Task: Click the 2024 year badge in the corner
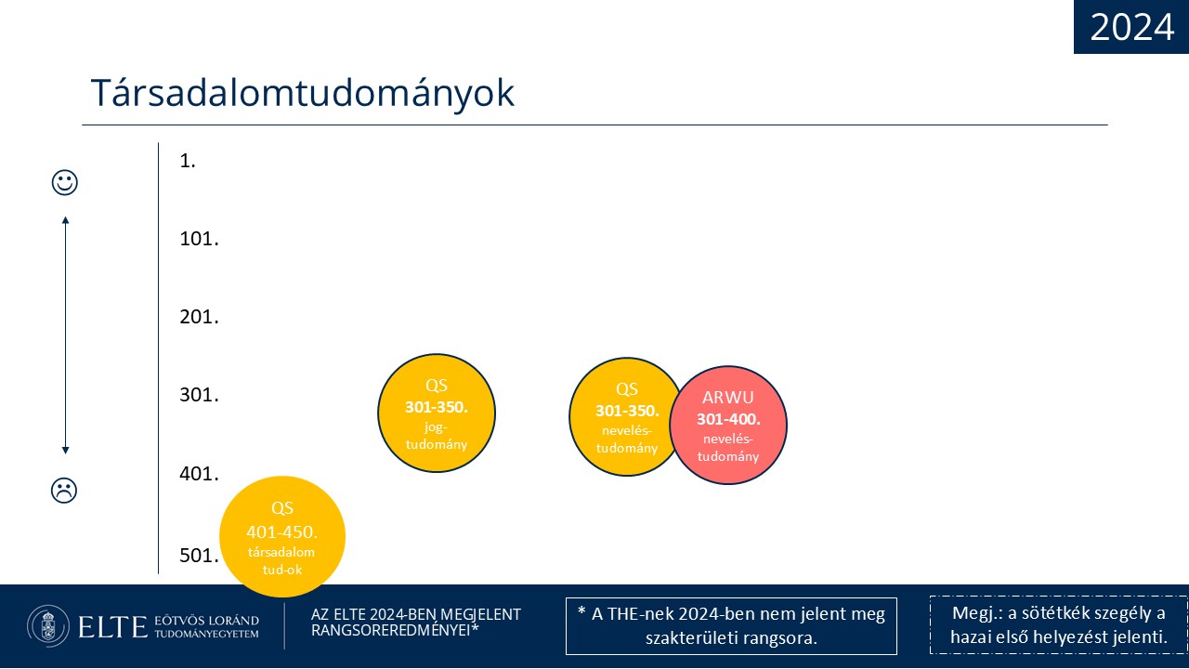[x=1131, y=27]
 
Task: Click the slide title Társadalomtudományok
[x=303, y=94]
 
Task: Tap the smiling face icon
[x=65, y=183]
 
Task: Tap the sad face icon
[x=64, y=491]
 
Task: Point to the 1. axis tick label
[x=188, y=161]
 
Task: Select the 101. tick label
[x=199, y=239]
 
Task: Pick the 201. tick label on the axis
[x=199, y=317]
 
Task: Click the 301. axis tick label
[x=199, y=395]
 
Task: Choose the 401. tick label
[x=199, y=474]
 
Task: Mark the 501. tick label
[x=199, y=556]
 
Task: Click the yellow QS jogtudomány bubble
[x=437, y=413]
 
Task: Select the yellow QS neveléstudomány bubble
[x=625, y=417]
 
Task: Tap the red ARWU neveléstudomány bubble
[x=728, y=426]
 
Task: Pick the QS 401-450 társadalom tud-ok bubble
[x=282, y=537]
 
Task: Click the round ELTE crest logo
[x=48, y=626]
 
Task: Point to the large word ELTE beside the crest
[x=112, y=627]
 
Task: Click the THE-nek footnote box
[x=731, y=626]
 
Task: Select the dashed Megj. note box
[x=1059, y=625]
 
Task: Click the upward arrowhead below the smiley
[x=65, y=220]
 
